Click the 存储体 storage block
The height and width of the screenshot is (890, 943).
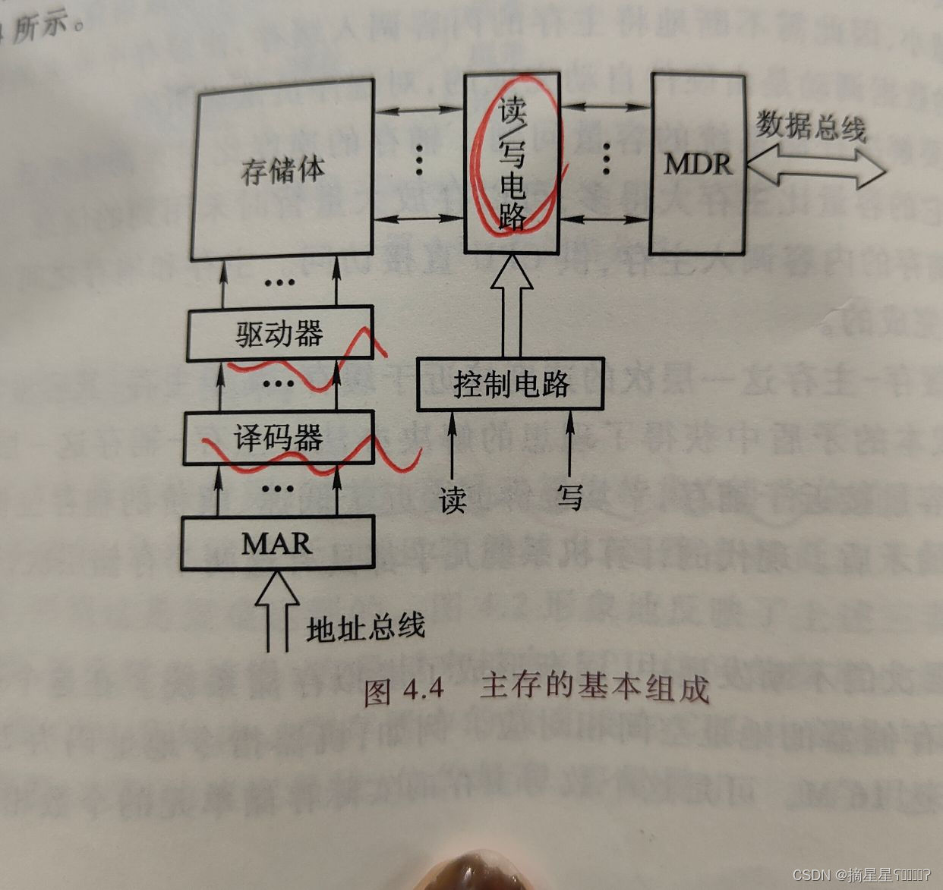(x=282, y=171)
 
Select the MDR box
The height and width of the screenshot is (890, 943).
(x=697, y=163)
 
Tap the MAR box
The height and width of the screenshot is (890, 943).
(x=277, y=542)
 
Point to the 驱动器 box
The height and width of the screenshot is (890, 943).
(x=279, y=333)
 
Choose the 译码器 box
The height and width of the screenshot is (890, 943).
(x=279, y=438)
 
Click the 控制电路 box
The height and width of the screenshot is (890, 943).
(x=511, y=384)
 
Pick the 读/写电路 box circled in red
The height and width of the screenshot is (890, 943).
(x=512, y=163)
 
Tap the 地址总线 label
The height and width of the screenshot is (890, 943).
(x=365, y=628)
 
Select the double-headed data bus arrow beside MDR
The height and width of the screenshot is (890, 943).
(x=815, y=168)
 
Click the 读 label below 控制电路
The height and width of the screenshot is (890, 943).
(x=453, y=500)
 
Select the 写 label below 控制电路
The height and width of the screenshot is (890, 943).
(x=569, y=497)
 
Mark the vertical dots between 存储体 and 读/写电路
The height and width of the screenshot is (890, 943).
(x=419, y=159)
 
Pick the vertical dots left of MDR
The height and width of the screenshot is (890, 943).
(x=606, y=158)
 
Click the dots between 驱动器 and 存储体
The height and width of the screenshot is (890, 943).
(x=279, y=283)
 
